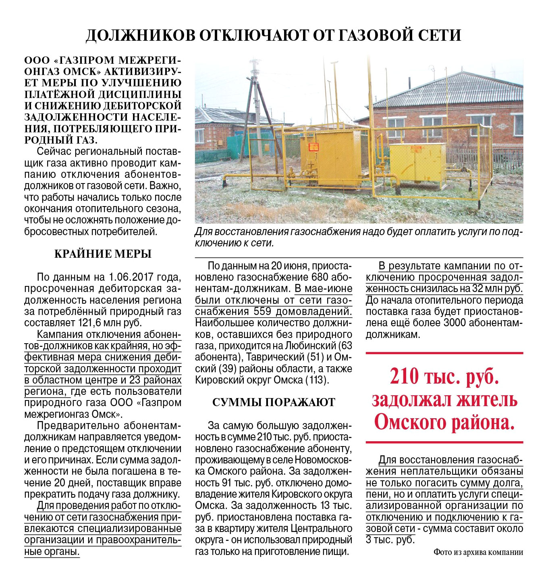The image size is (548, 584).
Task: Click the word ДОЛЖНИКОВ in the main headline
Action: click(x=141, y=35)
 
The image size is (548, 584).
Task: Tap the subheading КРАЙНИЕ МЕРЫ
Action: click(x=103, y=254)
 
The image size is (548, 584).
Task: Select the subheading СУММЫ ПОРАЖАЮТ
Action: click(x=274, y=403)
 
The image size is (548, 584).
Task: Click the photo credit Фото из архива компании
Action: click(x=478, y=552)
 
